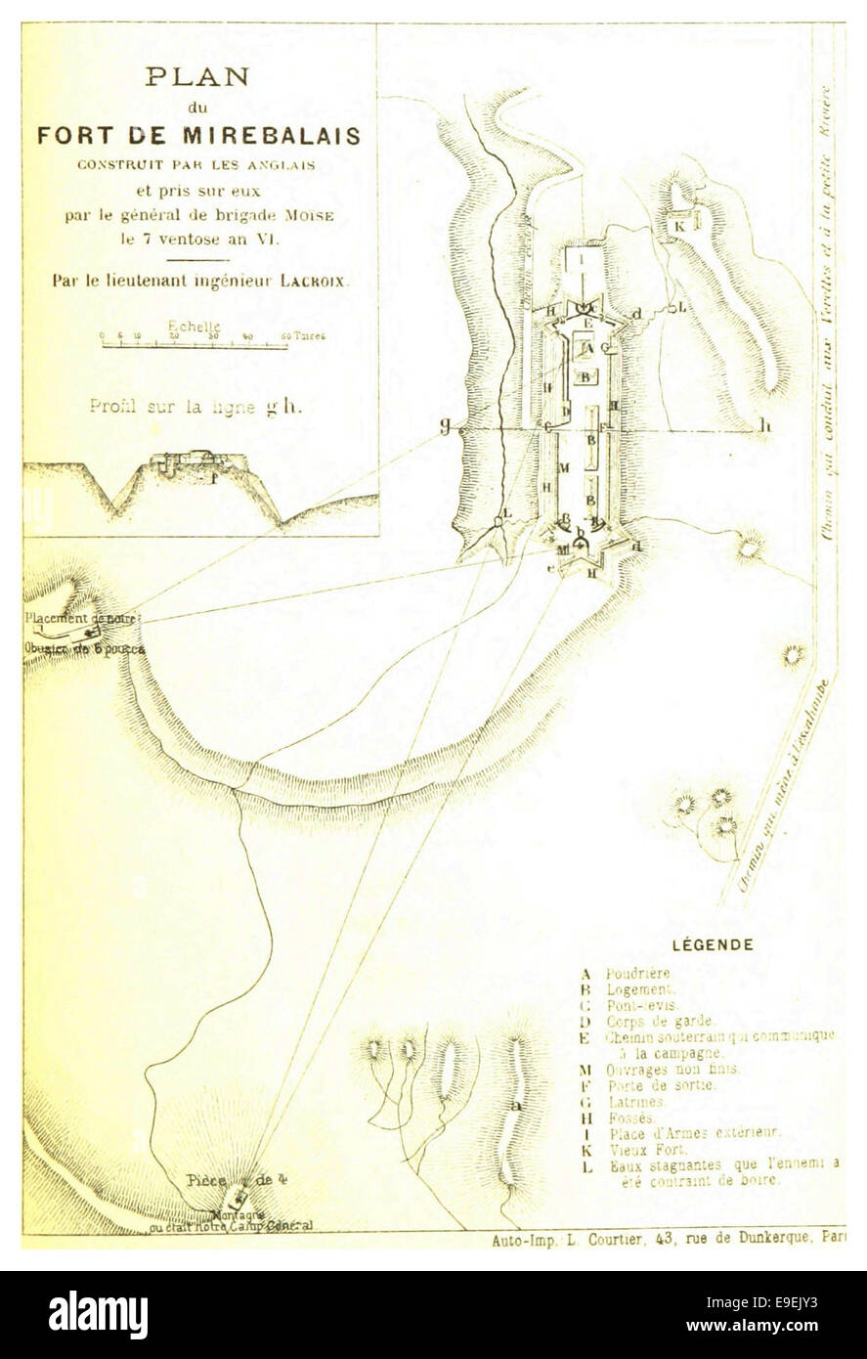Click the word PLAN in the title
[197, 77]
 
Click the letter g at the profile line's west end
[446, 425]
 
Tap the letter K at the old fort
[680, 224]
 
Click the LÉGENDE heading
[713, 945]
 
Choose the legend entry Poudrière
[638, 974]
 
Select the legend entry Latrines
[635, 1102]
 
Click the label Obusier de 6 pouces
[83, 649]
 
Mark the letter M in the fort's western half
[562, 468]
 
